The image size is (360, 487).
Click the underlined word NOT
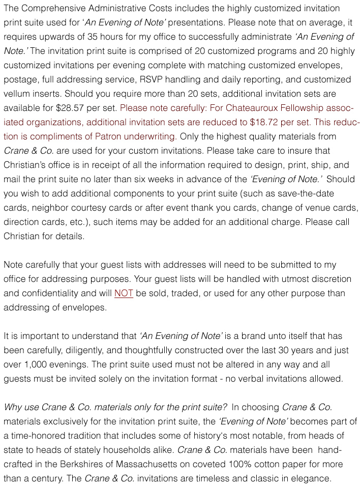(x=124, y=293)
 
